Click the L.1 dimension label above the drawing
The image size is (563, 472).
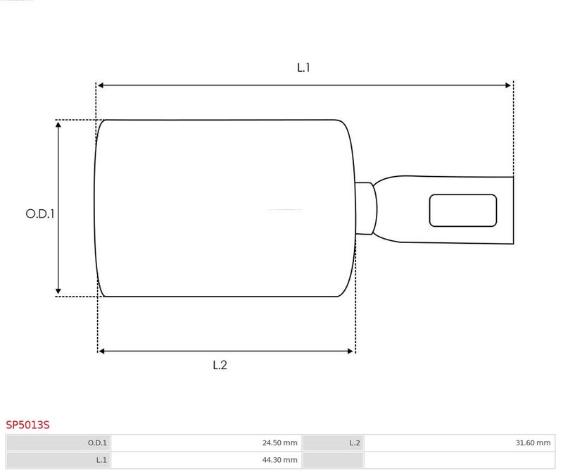(x=303, y=68)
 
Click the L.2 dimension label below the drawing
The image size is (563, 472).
(x=220, y=365)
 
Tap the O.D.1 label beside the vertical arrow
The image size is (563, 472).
(x=40, y=214)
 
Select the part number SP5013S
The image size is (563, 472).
(x=27, y=425)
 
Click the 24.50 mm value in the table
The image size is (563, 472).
(x=279, y=443)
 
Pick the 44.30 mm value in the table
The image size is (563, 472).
(x=279, y=460)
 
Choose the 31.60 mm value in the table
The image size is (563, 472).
(x=533, y=443)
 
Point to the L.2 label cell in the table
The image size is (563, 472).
(x=333, y=443)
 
